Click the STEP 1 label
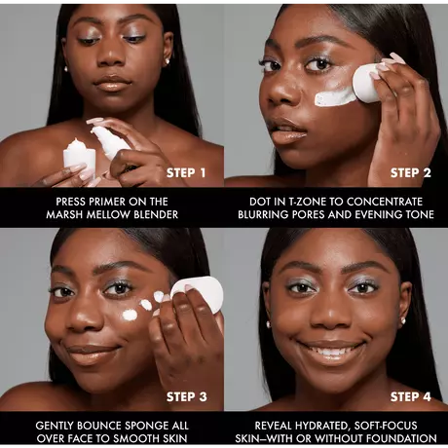tap(186, 172)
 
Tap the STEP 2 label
tap(411, 172)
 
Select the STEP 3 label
tap(186, 396)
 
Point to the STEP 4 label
tap(411, 396)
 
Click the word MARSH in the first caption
tap(62, 214)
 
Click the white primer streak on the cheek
tap(334, 96)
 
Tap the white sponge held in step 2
tap(366, 83)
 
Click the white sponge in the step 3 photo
tap(199, 294)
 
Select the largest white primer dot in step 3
tap(130, 315)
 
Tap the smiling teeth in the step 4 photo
tap(331, 351)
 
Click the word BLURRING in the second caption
tap(263, 214)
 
